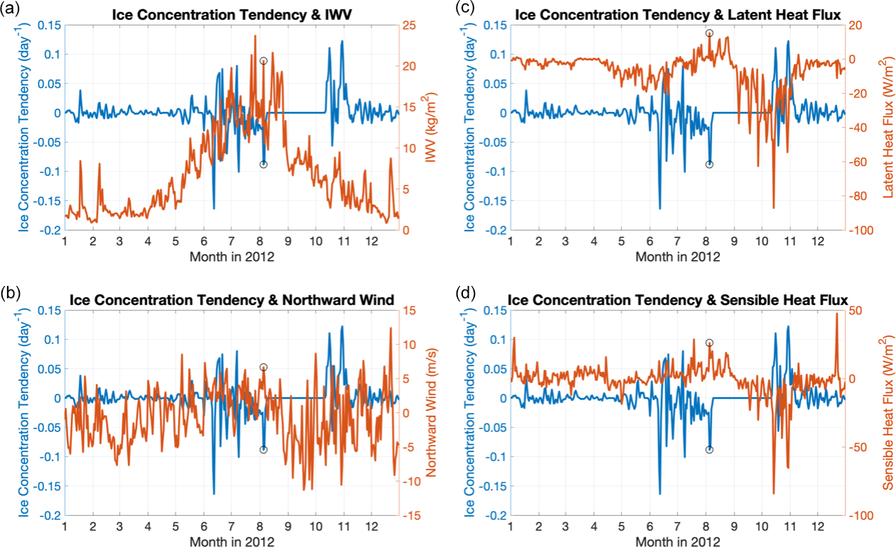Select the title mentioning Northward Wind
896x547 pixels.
click(231, 299)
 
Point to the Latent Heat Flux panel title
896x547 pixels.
click(677, 13)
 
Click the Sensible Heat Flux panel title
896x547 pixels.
click(677, 299)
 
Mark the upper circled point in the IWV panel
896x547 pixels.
click(263, 61)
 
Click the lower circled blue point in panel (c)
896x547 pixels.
click(709, 164)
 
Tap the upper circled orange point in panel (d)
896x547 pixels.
click(709, 343)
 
